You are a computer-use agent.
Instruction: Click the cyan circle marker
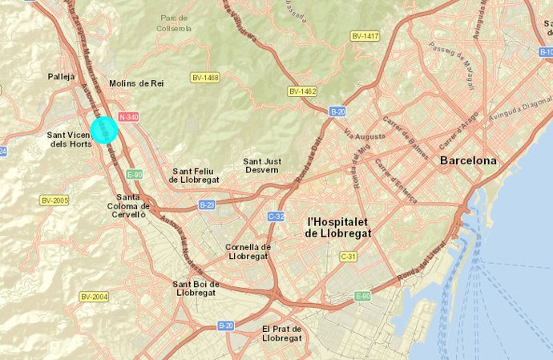pos(104,130)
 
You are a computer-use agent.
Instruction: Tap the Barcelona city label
pos(468,160)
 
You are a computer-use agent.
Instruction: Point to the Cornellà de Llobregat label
pos(248,252)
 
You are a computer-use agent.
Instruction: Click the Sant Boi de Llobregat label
pos(196,288)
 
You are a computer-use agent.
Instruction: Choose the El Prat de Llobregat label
pos(281,334)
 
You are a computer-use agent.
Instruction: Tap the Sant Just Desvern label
pos(262,165)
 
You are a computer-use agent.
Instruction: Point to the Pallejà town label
pos(62,76)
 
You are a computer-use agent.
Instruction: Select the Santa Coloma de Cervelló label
pos(131,206)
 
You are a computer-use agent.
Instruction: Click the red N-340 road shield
pos(128,117)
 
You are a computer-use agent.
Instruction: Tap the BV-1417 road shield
pos(365,36)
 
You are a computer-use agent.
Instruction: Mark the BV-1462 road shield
pos(303,91)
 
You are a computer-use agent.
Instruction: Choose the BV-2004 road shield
pos(94,297)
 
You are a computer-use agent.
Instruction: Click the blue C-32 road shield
pos(276,216)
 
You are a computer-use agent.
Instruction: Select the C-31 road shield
pos(348,257)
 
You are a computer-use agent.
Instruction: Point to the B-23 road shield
pos(207,205)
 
